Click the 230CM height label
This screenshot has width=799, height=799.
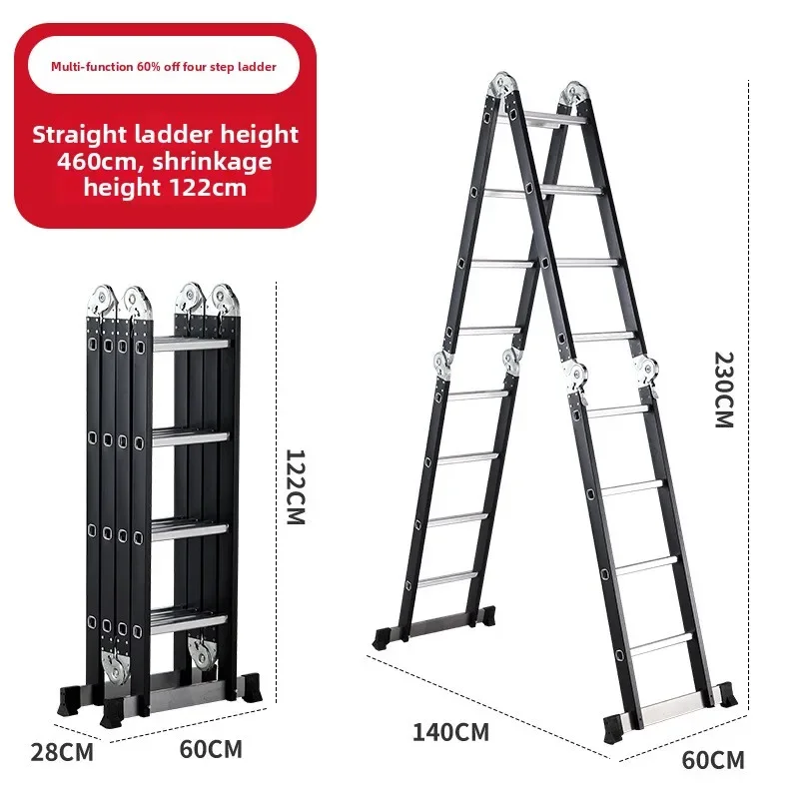[724, 390]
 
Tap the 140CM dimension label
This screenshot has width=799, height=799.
[450, 732]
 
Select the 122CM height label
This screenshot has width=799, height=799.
[295, 486]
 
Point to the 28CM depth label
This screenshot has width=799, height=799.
[62, 752]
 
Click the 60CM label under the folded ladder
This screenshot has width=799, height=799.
[211, 749]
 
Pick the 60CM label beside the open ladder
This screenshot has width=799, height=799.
[713, 760]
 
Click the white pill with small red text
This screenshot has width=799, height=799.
[163, 66]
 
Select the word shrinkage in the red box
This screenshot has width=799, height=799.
[212, 162]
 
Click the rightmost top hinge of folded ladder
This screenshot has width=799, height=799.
[224, 301]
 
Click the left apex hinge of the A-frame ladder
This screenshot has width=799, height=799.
[502, 86]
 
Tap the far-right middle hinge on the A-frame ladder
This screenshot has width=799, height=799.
[647, 371]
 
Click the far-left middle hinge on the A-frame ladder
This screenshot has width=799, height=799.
[442, 366]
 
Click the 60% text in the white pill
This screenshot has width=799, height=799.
[149, 67]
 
